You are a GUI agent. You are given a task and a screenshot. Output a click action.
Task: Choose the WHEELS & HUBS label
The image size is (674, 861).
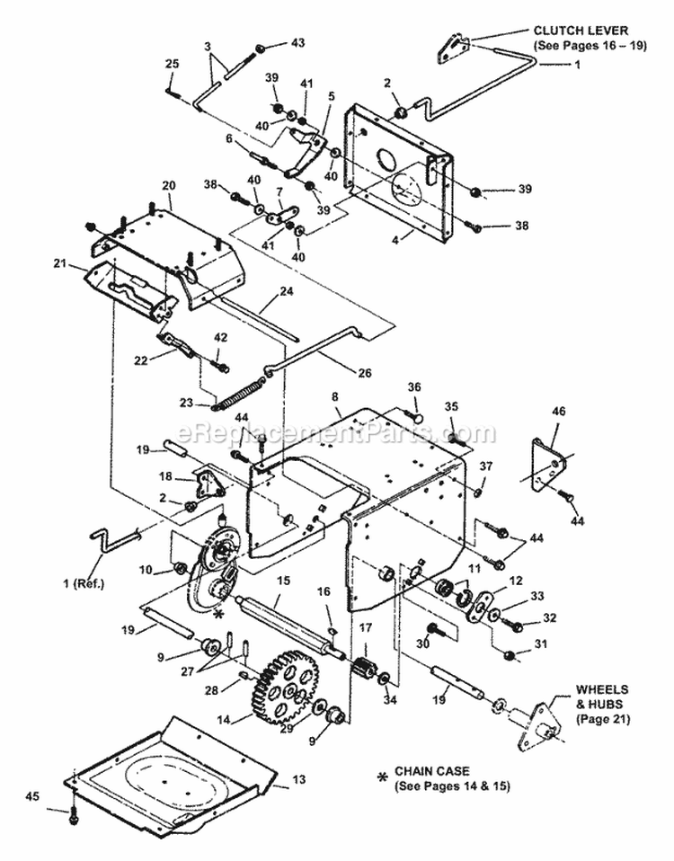pyautogui.click(x=602, y=704)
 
